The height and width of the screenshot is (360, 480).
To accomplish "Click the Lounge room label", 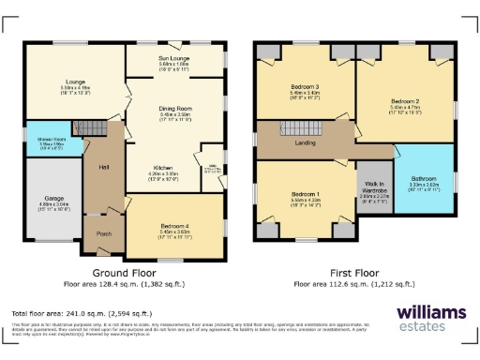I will tap(77, 82).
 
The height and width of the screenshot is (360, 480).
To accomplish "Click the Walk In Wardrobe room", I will tap(374, 191).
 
